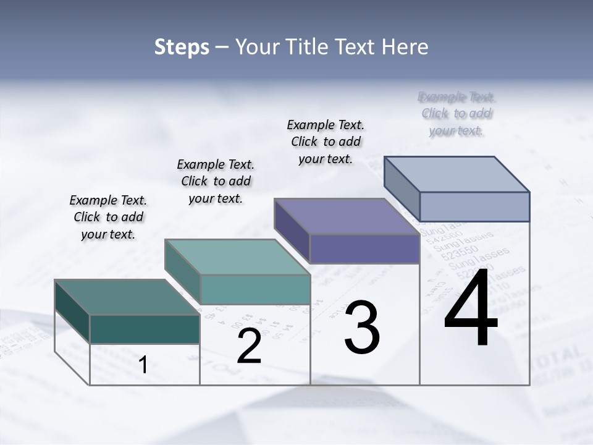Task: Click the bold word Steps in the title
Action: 182,47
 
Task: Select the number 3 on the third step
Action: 362,328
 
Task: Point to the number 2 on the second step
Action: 249,347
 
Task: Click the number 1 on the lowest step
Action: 143,365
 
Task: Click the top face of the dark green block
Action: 127,297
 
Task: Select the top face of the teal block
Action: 237,257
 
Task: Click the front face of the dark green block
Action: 145,329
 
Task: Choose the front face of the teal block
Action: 255,289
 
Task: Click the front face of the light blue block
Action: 474,206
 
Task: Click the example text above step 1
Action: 108,217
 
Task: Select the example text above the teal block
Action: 216,181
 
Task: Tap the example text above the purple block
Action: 326,142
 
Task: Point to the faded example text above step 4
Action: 456,114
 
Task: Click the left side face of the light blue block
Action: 402,184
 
